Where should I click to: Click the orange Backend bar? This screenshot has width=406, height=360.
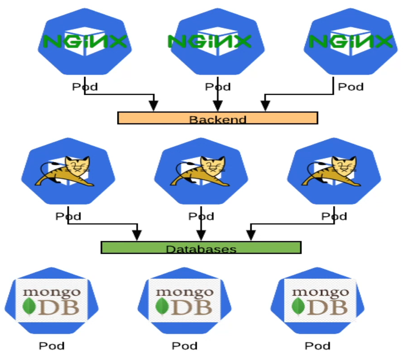click(x=217, y=118)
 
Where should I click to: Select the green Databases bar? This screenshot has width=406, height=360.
click(x=201, y=248)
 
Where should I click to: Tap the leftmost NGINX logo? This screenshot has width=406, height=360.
click(x=85, y=42)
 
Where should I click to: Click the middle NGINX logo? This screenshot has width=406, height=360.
click(x=209, y=42)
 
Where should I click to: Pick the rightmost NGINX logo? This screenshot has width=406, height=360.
click(x=351, y=42)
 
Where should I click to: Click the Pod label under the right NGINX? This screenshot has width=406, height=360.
click(x=351, y=86)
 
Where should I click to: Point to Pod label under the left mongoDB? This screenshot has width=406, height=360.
click(x=51, y=346)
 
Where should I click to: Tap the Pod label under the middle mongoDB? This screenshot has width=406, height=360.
click(x=185, y=346)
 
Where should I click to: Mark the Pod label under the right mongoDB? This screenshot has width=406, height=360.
click(x=318, y=346)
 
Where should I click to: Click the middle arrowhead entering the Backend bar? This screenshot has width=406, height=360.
click(x=217, y=106)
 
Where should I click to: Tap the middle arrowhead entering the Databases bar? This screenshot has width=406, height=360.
click(x=201, y=235)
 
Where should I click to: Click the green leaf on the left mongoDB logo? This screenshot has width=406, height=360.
click(x=30, y=306)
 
